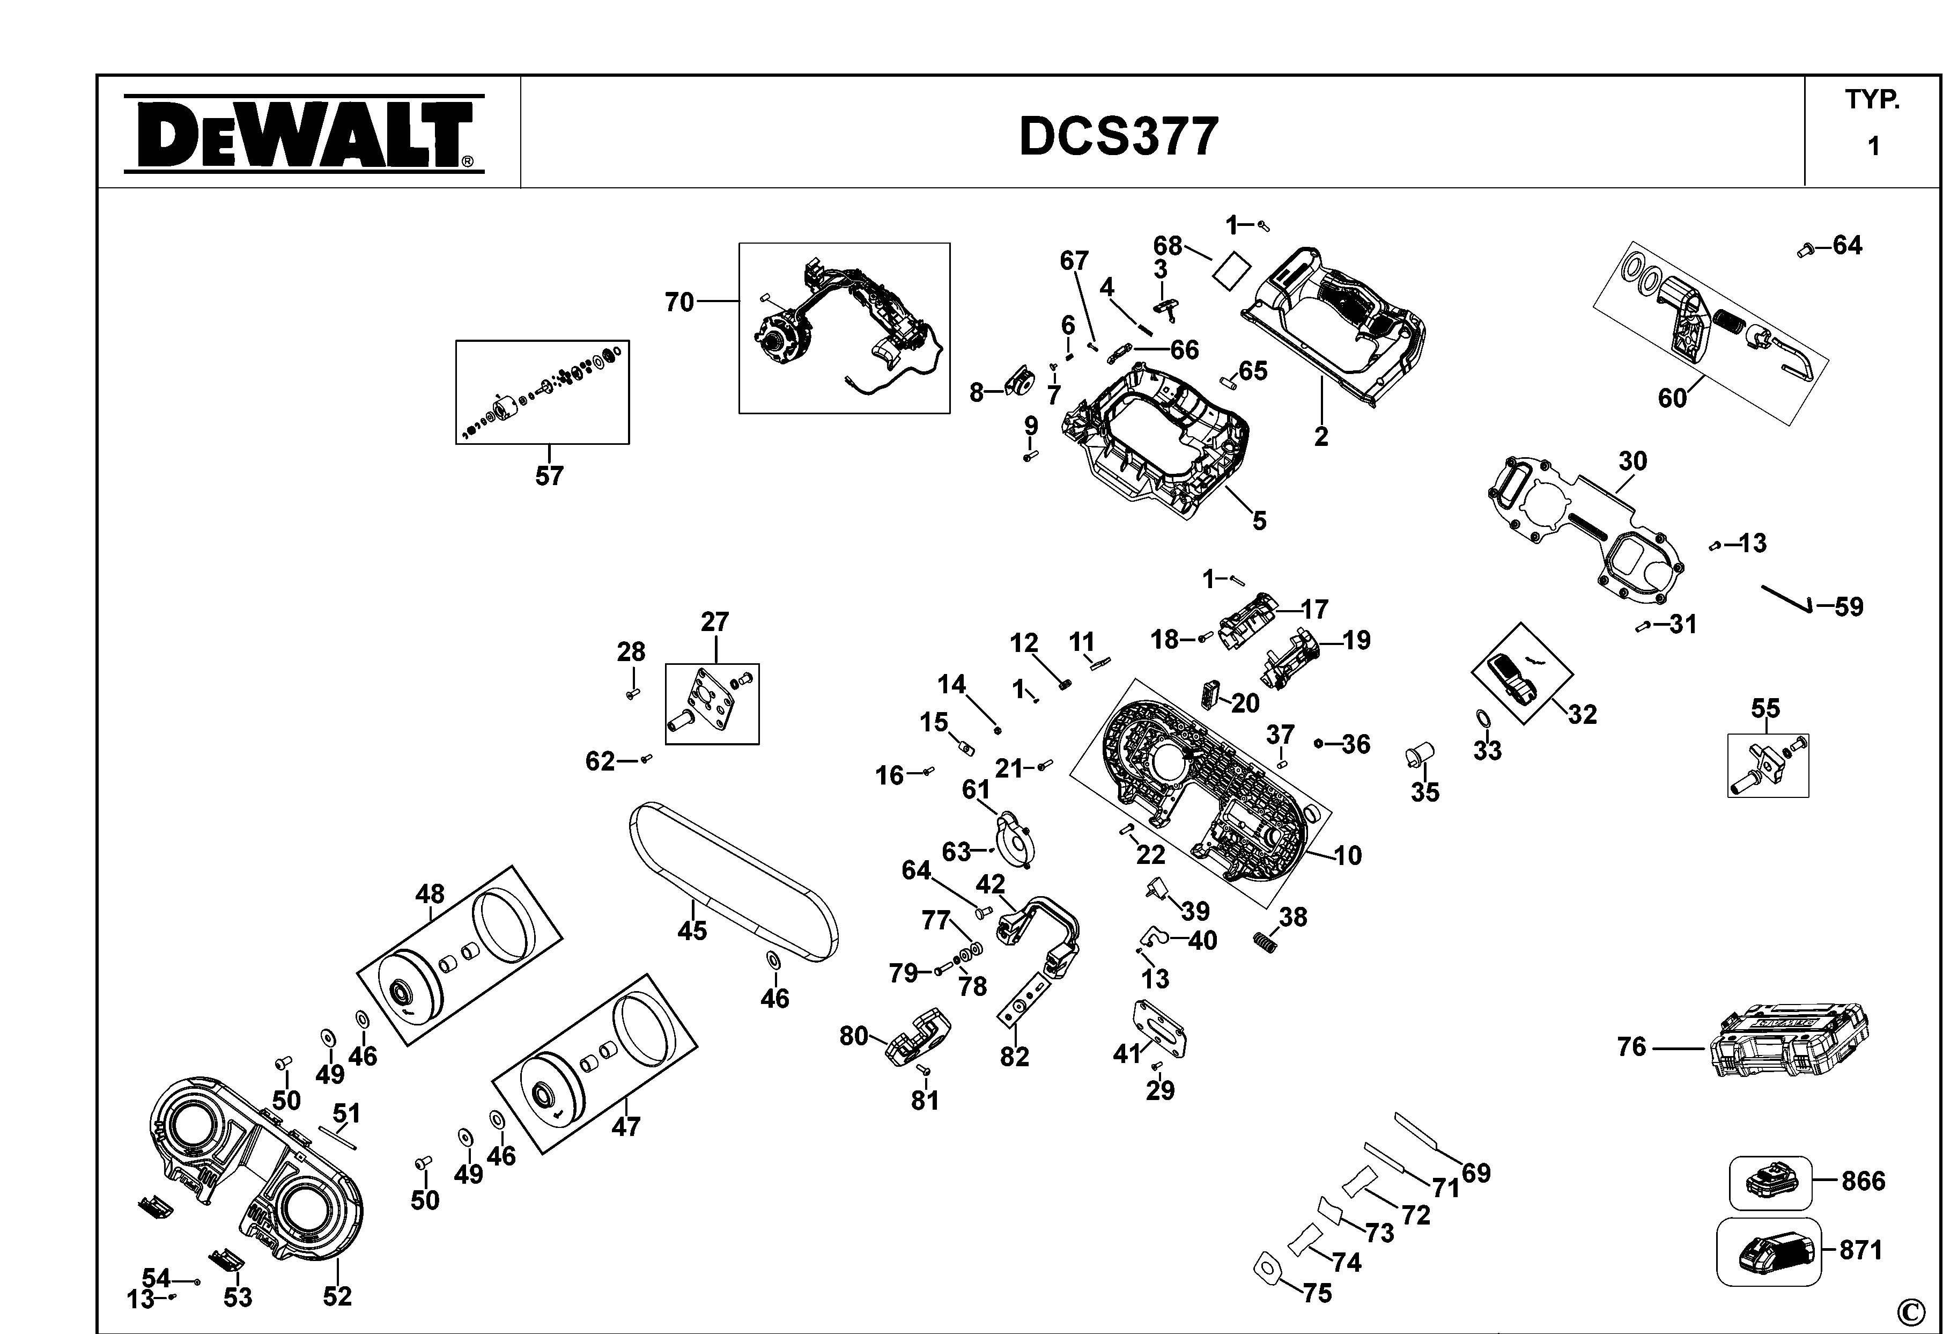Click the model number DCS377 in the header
pos(1119,136)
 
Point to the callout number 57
pos(549,476)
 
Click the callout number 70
pos(679,302)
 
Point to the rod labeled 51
pos(336,1136)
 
